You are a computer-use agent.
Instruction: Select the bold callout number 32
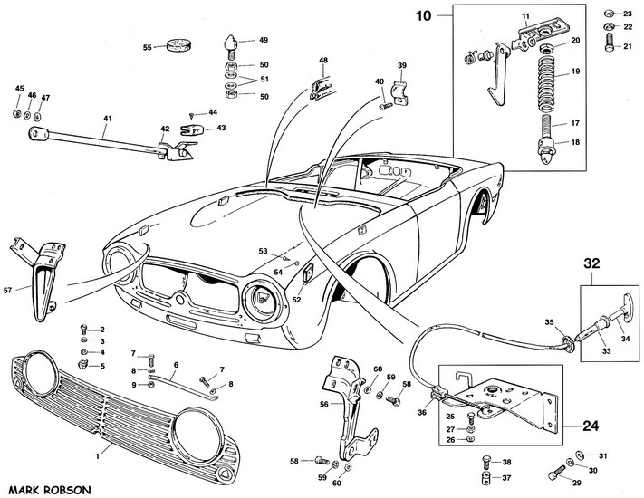pos(592,265)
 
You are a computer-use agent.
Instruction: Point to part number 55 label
pos(148,47)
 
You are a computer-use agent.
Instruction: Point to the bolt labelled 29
pos(553,473)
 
